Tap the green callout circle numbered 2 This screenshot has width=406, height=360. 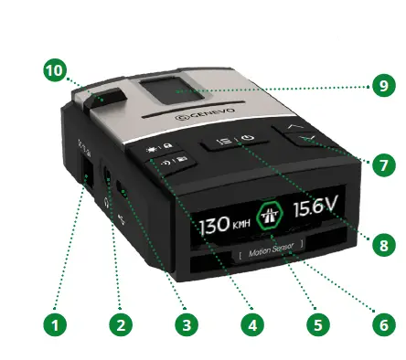(117, 323)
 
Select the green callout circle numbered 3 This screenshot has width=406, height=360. (186, 323)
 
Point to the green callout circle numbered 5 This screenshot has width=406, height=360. (315, 323)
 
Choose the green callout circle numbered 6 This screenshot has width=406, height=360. (379, 323)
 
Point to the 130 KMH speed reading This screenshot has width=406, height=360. (225, 224)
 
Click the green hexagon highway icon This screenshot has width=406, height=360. (272, 217)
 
